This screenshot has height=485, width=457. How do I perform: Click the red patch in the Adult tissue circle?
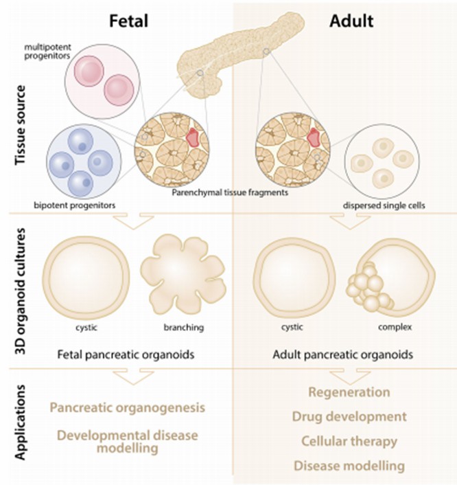[314, 137]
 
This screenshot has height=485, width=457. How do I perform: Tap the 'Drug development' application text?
[348, 417]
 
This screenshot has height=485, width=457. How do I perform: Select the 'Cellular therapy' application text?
[348, 441]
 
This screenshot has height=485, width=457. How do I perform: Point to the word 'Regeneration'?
[348, 393]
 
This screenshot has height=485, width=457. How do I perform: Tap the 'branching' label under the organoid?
[184, 328]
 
